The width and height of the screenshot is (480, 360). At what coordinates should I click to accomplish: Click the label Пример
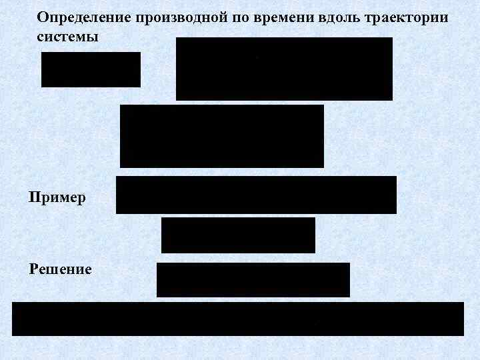point(57,198)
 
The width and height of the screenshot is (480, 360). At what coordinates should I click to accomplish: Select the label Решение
point(61,269)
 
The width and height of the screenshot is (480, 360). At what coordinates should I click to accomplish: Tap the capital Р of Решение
point(33,269)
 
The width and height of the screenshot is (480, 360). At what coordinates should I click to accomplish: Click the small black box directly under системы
point(91,69)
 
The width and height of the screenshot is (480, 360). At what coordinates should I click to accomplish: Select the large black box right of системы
point(284,69)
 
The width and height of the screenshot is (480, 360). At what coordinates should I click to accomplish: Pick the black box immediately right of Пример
point(256,195)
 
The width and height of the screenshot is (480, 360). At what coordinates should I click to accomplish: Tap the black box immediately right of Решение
point(253,279)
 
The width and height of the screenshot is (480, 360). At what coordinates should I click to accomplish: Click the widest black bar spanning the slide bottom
point(237,319)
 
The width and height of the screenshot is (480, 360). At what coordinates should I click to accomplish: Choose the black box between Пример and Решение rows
point(238,235)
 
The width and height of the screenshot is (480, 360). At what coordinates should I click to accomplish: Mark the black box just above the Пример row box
point(221,136)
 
